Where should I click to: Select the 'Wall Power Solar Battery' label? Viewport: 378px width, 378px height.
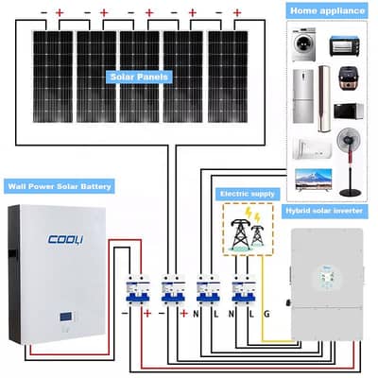(x=60, y=187)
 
